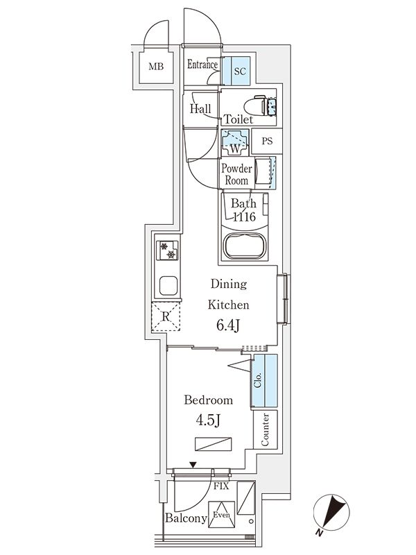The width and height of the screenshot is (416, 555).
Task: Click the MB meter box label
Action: tap(157, 67)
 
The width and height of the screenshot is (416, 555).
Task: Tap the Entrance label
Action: tap(203, 65)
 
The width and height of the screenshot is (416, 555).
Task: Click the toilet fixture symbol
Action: tap(264, 105)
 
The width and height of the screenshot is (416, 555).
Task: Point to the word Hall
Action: tap(200, 109)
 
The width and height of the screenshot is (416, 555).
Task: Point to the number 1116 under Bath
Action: tap(243, 218)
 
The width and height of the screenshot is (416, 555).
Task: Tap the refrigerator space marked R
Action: tap(166, 318)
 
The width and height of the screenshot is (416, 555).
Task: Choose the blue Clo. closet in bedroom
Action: tap(264, 381)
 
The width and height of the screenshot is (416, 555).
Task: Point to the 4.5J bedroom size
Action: tap(207, 420)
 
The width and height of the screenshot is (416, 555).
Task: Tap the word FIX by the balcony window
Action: tap(221, 486)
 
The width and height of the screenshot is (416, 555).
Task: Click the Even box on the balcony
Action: tap(222, 515)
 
